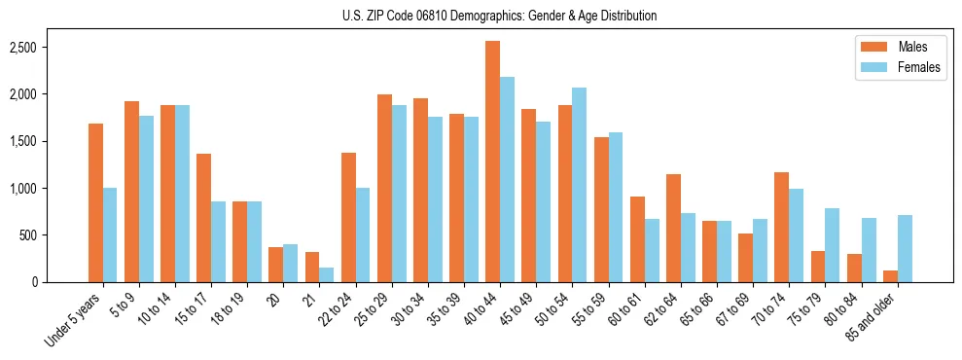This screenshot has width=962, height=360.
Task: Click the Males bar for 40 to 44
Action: pos(492,162)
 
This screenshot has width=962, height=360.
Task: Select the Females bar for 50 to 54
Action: pos(579,185)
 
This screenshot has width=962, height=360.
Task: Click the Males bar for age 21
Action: pos(311,267)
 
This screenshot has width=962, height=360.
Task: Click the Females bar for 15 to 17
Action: pos(218,241)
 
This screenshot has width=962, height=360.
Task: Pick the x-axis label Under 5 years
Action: pos(74,321)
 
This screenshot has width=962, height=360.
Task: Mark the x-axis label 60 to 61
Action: pos(626,309)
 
